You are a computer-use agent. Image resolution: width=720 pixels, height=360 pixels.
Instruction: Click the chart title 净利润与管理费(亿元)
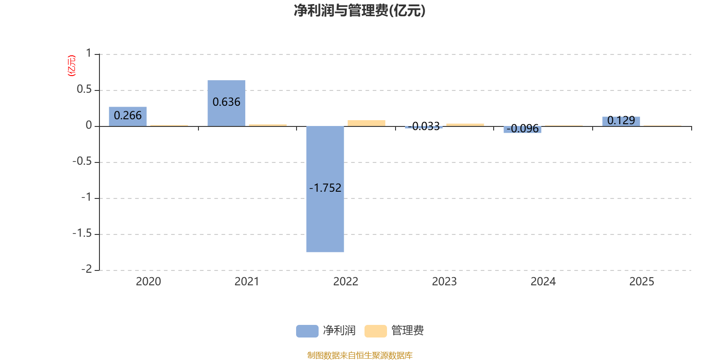click(360, 11)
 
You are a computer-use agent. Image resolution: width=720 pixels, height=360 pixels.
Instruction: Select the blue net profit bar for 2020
click(128, 117)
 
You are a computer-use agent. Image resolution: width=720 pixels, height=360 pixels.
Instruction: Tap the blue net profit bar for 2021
click(226, 103)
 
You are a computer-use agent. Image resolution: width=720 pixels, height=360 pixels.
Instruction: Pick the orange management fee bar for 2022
click(366, 123)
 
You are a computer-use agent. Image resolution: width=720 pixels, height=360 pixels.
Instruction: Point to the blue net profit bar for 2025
click(621, 121)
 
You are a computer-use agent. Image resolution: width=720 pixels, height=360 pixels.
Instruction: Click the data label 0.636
click(226, 102)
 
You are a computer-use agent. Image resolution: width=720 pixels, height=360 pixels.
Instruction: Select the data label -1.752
click(325, 188)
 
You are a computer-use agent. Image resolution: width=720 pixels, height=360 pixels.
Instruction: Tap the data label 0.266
click(128, 116)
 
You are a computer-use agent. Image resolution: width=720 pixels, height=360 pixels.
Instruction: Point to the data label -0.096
click(522, 129)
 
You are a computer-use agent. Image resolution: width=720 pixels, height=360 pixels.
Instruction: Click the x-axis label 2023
click(444, 282)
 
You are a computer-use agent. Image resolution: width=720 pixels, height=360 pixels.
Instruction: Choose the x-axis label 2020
click(148, 282)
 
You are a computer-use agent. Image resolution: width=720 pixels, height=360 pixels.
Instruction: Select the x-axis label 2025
click(641, 282)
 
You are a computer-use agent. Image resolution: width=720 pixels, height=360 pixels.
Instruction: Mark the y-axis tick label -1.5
click(82, 234)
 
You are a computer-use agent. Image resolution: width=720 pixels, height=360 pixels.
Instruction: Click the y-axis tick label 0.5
click(84, 90)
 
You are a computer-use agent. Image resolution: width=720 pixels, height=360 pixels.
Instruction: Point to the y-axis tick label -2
click(86, 269)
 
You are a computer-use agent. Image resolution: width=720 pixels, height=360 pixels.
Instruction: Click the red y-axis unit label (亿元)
click(71, 66)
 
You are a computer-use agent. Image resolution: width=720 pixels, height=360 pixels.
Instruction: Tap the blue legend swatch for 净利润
click(307, 331)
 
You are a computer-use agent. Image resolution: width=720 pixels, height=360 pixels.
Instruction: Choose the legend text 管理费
click(407, 331)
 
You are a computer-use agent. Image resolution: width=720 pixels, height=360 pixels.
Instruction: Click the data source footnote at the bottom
click(360, 355)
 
